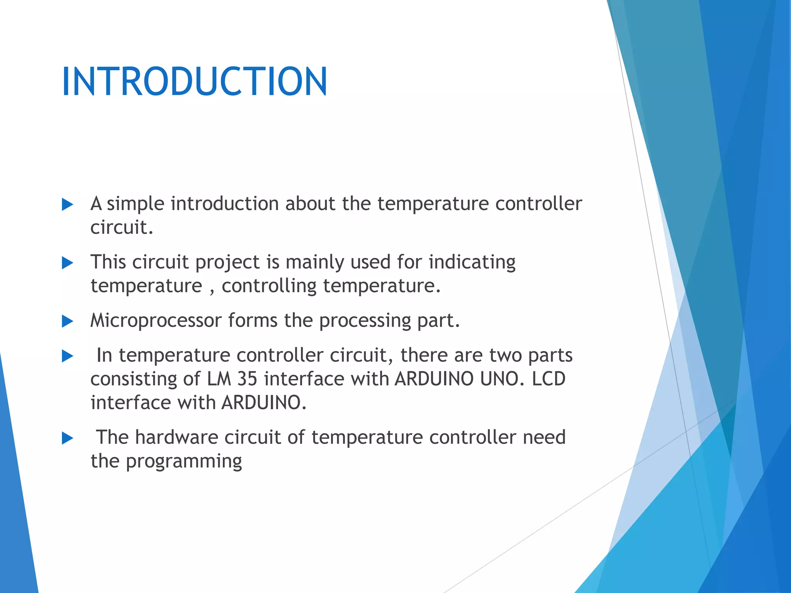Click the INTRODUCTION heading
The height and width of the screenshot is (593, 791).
[x=194, y=81]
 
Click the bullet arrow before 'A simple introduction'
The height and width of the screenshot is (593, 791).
[x=67, y=205]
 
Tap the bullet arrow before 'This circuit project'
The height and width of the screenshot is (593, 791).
[x=67, y=263]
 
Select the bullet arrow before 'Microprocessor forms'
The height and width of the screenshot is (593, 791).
[x=67, y=321]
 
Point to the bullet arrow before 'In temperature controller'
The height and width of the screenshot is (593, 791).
[x=67, y=356]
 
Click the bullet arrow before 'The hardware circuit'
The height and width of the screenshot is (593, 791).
[x=67, y=438]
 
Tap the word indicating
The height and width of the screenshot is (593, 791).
[x=472, y=262]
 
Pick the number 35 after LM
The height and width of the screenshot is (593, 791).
[x=247, y=379]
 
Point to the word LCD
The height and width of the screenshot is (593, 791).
[x=548, y=379]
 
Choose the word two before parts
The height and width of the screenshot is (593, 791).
[x=505, y=356]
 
